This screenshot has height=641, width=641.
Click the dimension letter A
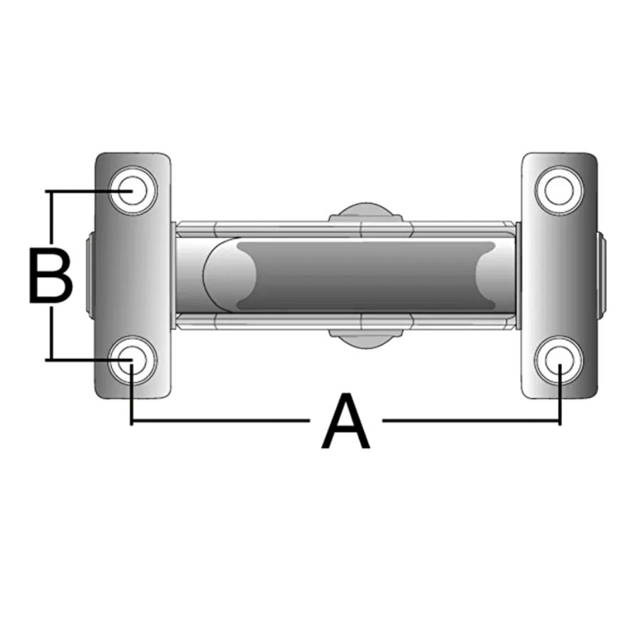coord(347,424)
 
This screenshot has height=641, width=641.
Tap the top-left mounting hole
coord(132,190)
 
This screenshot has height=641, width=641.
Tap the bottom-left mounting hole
coord(132,360)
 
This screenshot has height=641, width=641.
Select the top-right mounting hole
coord(559,190)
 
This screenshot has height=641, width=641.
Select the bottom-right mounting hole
coord(559,360)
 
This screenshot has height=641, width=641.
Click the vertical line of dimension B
coord(51,328)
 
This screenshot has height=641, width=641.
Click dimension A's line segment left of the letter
coord(221,422)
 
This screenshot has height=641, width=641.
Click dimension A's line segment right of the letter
coord(470,422)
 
